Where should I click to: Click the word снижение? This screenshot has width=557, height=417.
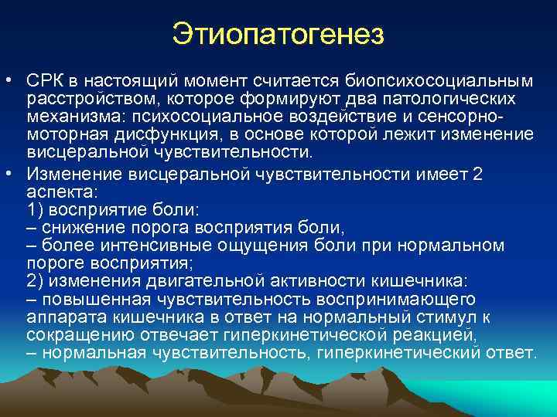click(83, 228)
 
